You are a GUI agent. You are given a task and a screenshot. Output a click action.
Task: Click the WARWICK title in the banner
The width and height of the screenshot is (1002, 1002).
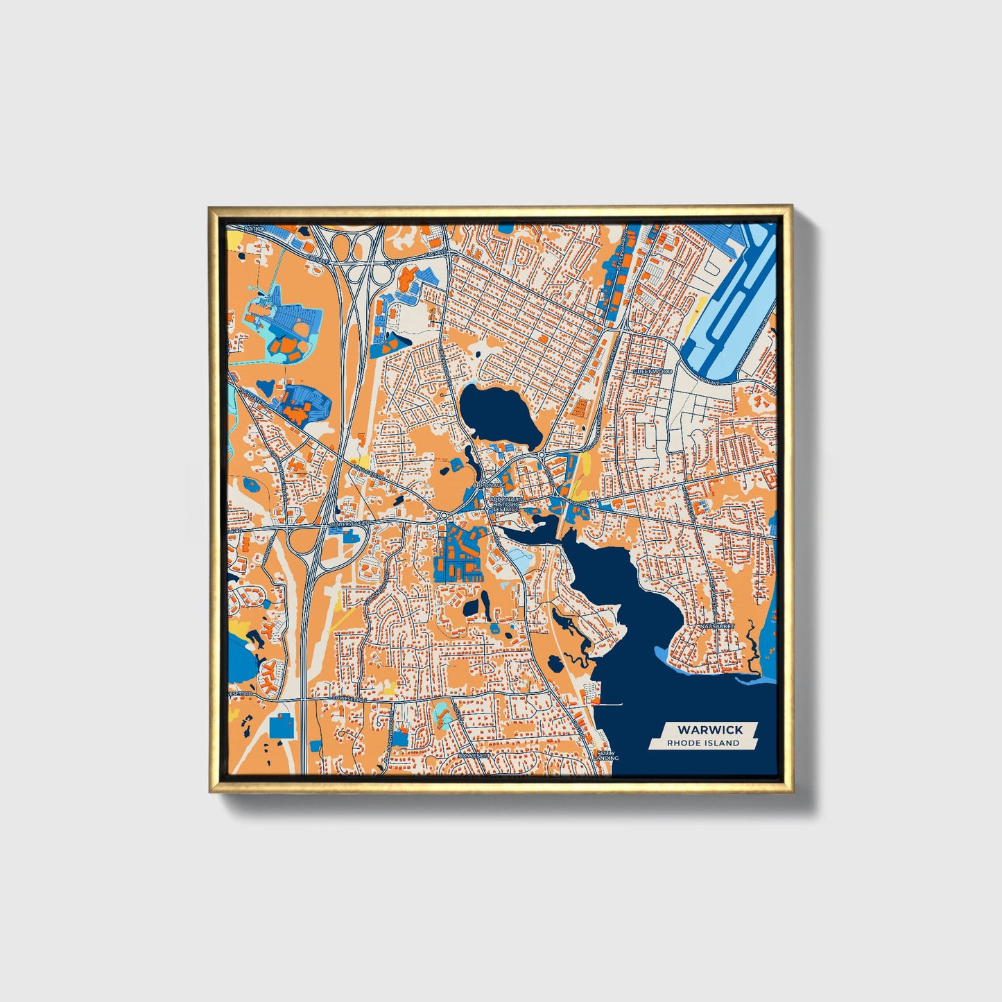[x=709, y=729]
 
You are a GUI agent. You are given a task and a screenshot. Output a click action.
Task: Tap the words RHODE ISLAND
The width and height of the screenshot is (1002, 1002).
[x=703, y=743]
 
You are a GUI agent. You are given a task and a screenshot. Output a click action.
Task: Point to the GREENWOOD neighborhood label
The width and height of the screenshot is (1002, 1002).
[x=653, y=372]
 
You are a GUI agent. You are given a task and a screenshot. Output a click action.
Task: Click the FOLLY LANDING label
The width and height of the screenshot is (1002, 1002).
[x=605, y=754]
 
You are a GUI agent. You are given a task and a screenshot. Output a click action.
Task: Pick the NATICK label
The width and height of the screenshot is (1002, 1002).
[x=254, y=228]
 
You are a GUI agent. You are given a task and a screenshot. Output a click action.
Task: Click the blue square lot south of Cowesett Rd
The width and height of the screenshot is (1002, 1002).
[x=281, y=727]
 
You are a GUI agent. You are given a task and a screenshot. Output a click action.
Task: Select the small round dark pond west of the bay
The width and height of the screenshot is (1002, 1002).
[x=555, y=664]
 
